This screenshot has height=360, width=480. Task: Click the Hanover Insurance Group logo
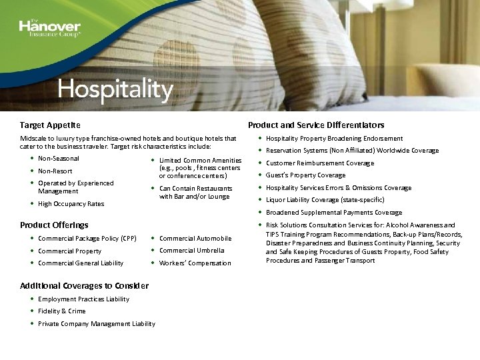pyautogui.click(x=49, y=28)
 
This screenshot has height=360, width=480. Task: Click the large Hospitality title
pyautogui.click(x=115, y=88)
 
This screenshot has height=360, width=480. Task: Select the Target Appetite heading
pyautogui.click(x=50, y=125)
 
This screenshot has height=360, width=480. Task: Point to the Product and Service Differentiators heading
pyautogui.click(x=316, y=125)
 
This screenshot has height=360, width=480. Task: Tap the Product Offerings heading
pyautogui.click(x=54, y=225)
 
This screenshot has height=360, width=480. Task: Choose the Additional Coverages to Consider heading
pyautogui.click(x=84, y=285)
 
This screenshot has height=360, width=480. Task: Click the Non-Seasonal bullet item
pyautogui.click(x=59, y=159)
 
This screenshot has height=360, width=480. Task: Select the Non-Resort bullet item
pyautogui.click(x=55, y=171)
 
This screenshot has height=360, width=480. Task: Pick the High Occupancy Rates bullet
pyautogui.click(x=71, y=204)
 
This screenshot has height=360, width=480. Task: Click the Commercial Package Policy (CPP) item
pyautogui.click(x=87, y=238)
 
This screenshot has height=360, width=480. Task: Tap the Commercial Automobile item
pyautogui.click(x=195, y=238)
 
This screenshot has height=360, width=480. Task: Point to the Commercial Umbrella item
pyautogui.click(x=191, y=251)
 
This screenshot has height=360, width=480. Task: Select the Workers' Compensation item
pyautogui.click(x=195, y=263)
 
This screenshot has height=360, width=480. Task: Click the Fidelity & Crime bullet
pyautogui.click(x=62, y=311)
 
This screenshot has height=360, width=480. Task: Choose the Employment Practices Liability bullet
pyautogui.click(x=84, y=299)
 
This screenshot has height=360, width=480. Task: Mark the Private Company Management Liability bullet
pyautogui.click(x=97, y=324)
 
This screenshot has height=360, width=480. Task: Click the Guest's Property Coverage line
pyautogui.click(x=306, y=175)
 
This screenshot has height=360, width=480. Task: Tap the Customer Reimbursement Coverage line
pyautogui.click(x=320, y=163)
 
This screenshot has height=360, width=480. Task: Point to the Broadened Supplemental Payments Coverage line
pyautogui.click(x=334, y=213)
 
